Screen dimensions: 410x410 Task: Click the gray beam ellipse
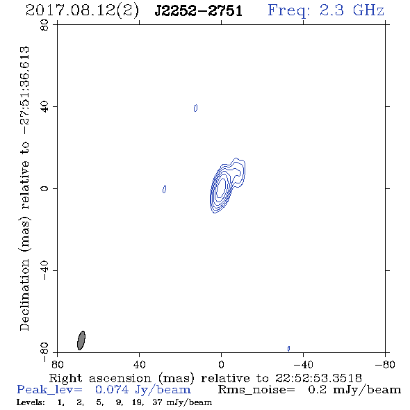tap(81, 341)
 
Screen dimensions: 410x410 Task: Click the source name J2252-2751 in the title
tap(199, 10)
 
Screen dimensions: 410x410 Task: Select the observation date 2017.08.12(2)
tap(82, 10)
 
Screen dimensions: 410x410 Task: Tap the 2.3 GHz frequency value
tap(352, 10)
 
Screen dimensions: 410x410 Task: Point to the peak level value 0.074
tap(112, 390)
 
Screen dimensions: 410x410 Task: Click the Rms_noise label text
tap(256, 390)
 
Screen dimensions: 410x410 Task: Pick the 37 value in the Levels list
tap(158, 402)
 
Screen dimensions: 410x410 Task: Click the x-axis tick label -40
tap(303, 364)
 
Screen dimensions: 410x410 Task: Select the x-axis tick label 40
tap(140, 364)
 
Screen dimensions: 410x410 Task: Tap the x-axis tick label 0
tap(221, 364)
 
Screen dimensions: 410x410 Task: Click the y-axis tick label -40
tap(44, 270)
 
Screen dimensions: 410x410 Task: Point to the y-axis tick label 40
tap(44, 107)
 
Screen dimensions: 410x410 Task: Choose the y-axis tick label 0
tap(44, 188)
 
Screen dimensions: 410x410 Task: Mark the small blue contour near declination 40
tap(195, 108)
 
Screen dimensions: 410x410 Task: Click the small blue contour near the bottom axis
tap(288, 349)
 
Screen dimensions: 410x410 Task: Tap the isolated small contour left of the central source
tap(164, 189)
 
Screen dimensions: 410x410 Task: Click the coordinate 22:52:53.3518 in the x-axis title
tap(318, 378)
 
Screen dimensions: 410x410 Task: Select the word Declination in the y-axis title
tap(24, 295)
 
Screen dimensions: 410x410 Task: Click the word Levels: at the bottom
tap(31, 402)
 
